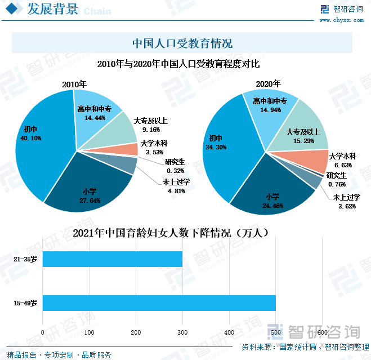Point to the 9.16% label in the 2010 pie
[144, 129]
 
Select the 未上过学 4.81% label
[176, 186]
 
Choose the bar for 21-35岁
[113, 259]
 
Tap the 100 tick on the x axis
[90, 333]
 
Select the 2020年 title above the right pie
[267, 83]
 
